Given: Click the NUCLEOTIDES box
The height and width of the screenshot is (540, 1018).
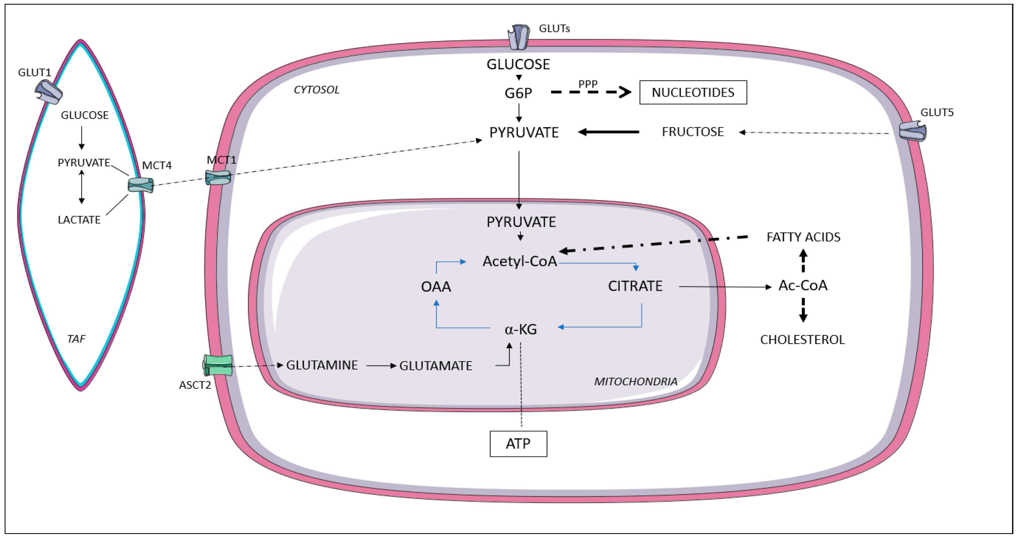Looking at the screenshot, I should pos(693,92).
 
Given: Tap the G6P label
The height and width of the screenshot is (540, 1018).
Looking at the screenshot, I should pos(518,93).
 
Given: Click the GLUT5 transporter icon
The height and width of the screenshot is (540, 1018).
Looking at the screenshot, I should pos(912,131).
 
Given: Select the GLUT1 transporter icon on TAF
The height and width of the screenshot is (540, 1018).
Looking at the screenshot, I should pos(49,92).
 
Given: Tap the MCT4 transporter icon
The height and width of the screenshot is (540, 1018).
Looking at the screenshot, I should pos(141,185).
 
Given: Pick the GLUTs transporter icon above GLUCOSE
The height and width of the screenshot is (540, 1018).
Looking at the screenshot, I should pos(518,37).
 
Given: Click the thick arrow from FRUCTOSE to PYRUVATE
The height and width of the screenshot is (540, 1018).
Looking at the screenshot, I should pos(608,132).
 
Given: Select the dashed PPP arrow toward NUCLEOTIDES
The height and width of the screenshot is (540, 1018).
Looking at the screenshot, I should pos(591,92).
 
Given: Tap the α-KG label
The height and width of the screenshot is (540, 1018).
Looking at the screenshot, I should pos(521,329).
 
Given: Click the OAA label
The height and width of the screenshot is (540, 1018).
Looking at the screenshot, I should pos(436,287).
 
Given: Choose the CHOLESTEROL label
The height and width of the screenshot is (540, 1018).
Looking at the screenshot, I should pos(802,340).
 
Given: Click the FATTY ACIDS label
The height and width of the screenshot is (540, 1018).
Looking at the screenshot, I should pos(803,237).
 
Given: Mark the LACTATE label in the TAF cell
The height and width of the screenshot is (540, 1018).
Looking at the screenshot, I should pos(79,220).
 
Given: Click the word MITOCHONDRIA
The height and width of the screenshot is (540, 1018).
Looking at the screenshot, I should pos(635,382).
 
